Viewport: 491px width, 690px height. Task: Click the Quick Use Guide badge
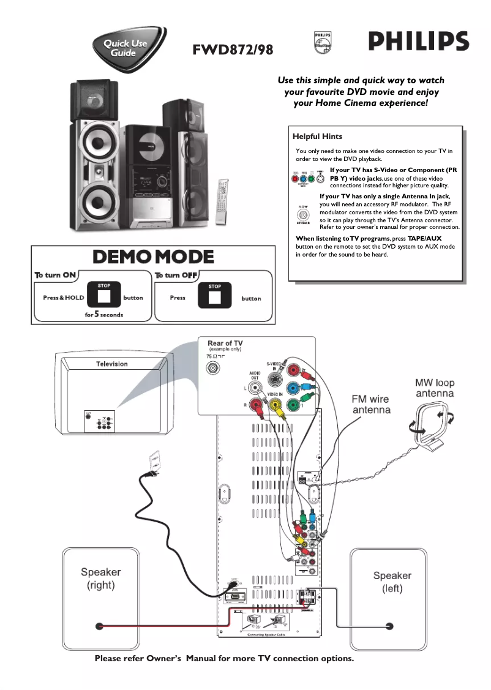tap(124, 48)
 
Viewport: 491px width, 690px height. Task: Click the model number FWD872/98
tap(233, 50)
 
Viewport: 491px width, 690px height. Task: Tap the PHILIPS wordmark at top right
tap(418, 42)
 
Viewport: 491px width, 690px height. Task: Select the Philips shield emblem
tap(322, 42)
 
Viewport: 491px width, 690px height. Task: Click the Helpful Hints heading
tap(317, 137)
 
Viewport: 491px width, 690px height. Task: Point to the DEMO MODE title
tap(153, 257)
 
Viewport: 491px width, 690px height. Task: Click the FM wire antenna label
tap(371, 404)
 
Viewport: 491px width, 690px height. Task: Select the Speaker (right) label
tap(101, 579)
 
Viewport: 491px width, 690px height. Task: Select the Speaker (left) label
tap(392, 582)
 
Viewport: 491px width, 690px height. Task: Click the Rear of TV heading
tap(225, 343)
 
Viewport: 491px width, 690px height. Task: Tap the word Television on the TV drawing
tap(112, 364)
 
